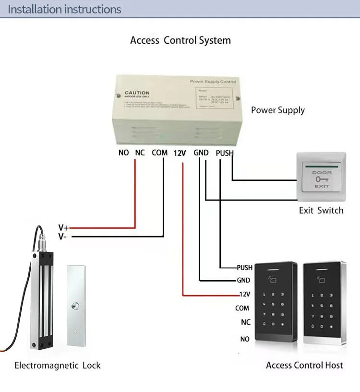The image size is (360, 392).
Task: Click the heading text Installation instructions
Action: coord(64,9)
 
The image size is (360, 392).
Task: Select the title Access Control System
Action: coord(180,40)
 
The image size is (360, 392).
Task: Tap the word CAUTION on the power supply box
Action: coord(137,93)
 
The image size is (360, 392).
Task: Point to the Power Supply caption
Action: coord(277,110)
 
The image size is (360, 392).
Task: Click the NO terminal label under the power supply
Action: coord(123,153)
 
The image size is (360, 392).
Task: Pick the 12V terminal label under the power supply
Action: coord(180,153)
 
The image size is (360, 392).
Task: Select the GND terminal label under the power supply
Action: coord(201,153)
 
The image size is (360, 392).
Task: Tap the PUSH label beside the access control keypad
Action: coord(244,268)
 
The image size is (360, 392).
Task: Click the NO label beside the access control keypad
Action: coord(245,339)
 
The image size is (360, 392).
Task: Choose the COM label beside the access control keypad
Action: coord(242,309)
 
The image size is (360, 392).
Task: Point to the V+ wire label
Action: coord(63,227)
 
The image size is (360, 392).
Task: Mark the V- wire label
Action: coord(63,236)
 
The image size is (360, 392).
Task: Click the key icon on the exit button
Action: coord(321,179)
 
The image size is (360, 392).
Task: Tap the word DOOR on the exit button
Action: coord(321,172)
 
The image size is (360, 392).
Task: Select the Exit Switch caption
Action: coord(321,210)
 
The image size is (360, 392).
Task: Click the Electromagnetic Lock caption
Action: coord(58,366)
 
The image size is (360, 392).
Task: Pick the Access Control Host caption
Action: coord(304,366)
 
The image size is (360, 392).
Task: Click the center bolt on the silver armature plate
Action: coord(75,306)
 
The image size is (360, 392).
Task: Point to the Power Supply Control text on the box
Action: coord(213,82)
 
